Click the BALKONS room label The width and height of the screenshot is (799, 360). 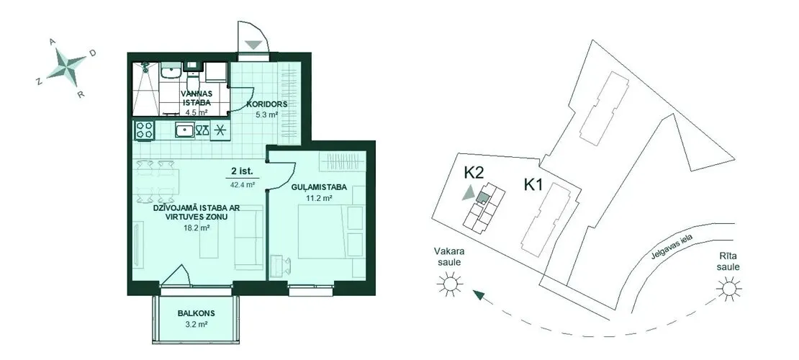point(197,313)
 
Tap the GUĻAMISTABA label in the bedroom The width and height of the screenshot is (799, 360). point(319,187)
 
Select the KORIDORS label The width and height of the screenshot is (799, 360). point(267,104)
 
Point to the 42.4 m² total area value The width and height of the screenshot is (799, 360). point(243,185)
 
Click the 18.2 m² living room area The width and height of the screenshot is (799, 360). point(197,228)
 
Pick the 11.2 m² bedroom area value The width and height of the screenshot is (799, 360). point(320,197)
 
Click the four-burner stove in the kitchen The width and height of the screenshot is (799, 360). point(145,130)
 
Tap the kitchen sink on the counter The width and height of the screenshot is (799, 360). point(184,130)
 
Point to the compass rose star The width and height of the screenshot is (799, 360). point(67,66)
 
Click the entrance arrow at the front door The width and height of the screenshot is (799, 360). point(253,45)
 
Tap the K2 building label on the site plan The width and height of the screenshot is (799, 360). point(474,172)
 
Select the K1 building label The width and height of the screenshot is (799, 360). point(533,184)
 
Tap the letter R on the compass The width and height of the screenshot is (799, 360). point(81,94)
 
